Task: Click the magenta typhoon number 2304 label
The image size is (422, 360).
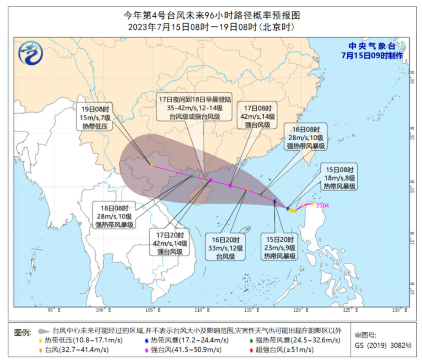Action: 322,205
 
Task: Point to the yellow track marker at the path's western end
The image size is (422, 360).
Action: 151,166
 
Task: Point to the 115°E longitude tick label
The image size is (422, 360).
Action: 250,311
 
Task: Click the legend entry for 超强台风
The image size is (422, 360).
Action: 281,350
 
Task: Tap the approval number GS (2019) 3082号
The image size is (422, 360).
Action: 383,345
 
